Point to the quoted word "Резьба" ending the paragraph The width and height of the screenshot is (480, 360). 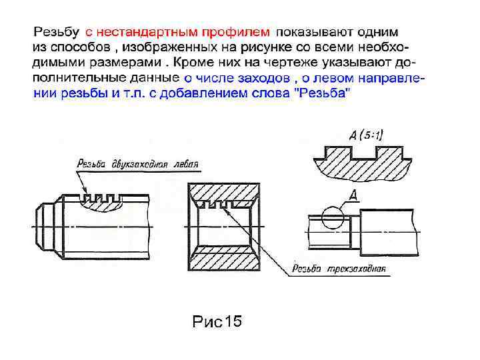tap(323, 94)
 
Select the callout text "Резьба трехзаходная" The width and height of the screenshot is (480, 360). tap(339, 270)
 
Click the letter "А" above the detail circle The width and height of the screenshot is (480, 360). tap(353, 195)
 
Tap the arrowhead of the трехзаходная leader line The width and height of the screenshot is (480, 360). tap(227, 209)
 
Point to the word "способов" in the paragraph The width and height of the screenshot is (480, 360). tap(78, 48)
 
